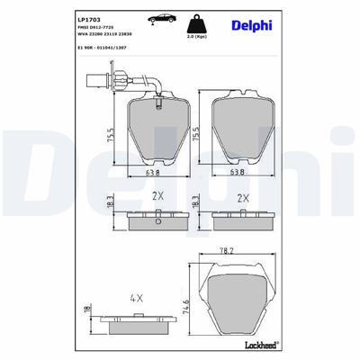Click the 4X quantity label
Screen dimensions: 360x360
[x=136, y=296]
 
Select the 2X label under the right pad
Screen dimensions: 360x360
[x=242, y=194]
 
